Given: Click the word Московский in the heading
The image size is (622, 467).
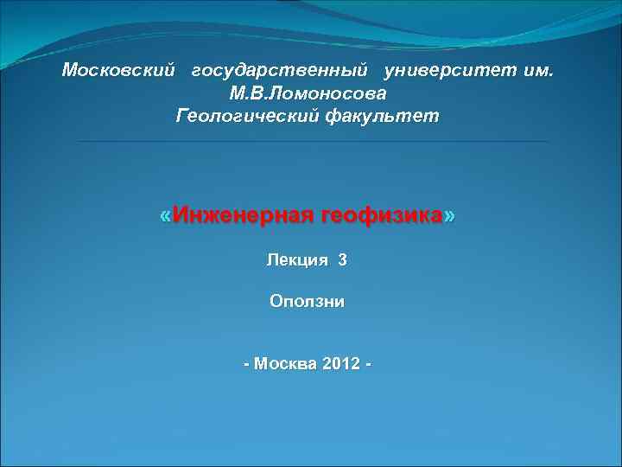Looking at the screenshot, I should pos(118,70).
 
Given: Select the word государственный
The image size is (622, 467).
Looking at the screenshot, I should pos(281,70).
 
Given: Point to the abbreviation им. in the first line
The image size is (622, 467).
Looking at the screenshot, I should pos(541,70).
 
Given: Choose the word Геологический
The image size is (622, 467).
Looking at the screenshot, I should pos(246,115).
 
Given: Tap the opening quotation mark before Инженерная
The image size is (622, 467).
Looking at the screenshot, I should pos(166,215).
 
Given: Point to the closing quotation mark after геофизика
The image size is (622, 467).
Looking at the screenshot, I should pos(448,215).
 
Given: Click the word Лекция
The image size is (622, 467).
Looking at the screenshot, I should pos(297,259).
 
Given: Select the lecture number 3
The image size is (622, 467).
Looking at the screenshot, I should pos(342,259).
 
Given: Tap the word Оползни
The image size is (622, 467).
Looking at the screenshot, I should pos(307,302).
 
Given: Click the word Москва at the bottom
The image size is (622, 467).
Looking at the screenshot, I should pos(285,363).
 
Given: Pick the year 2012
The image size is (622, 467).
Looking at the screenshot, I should pos(340,363).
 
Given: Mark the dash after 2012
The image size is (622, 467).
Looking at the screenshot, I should pos(369,364).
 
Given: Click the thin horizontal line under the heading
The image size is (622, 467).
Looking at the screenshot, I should pos(311,141).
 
